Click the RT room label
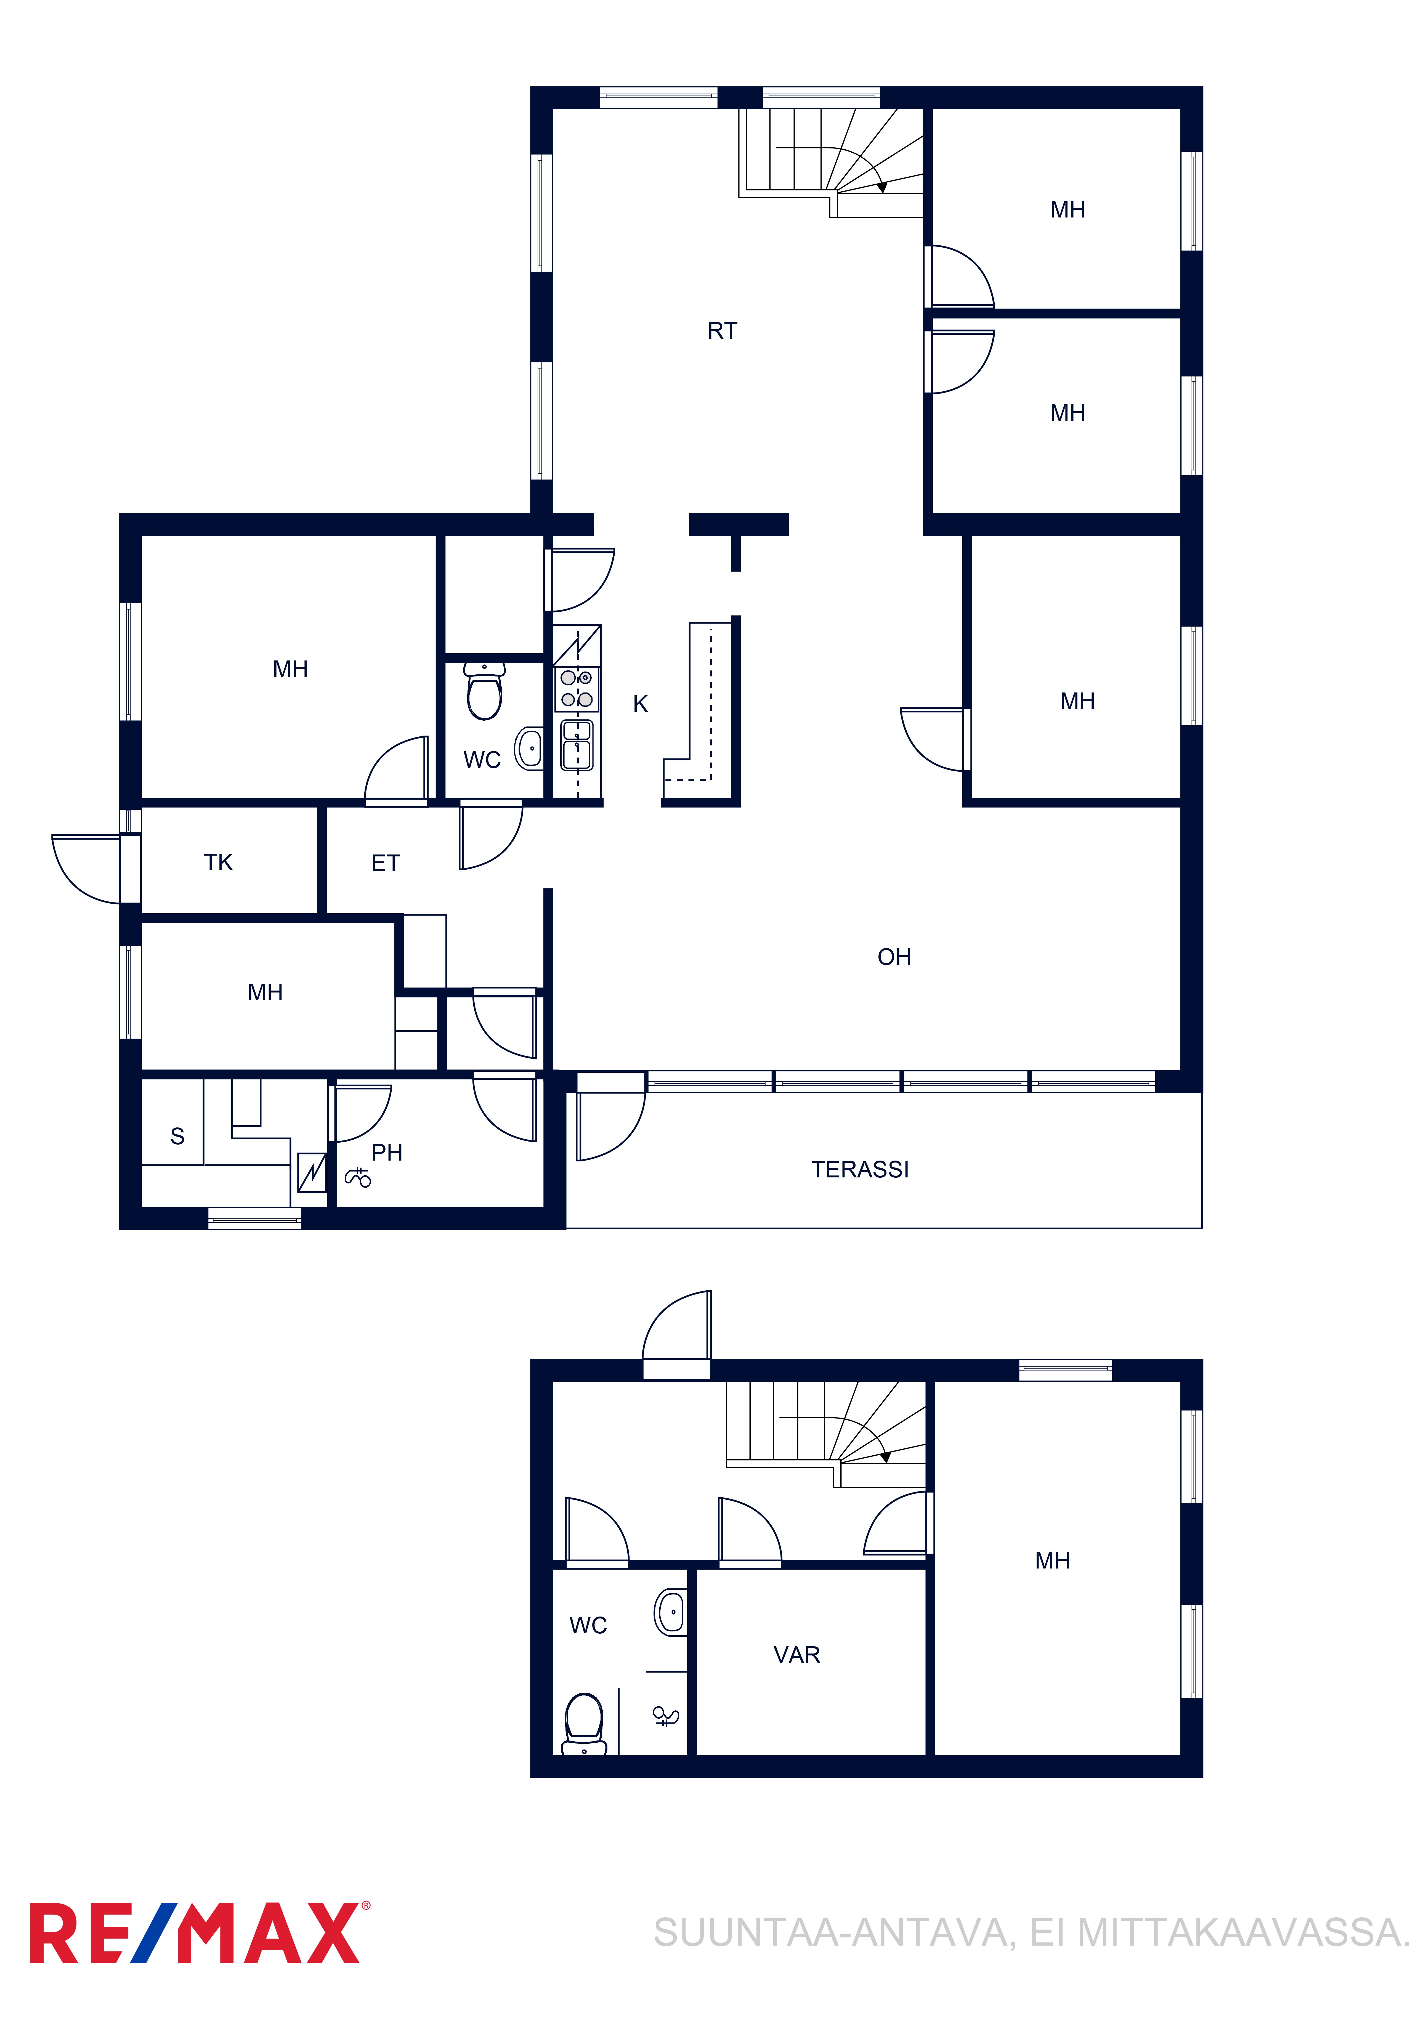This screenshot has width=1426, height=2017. [722, 331]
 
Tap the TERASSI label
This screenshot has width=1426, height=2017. [859, 1169]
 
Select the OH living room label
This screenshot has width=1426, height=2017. [894, 957]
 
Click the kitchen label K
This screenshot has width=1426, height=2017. [641, 704]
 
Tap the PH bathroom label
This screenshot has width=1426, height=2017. [387, 1153]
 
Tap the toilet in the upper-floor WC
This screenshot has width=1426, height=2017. [484, 691]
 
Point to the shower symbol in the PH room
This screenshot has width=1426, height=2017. [358, 1177]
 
